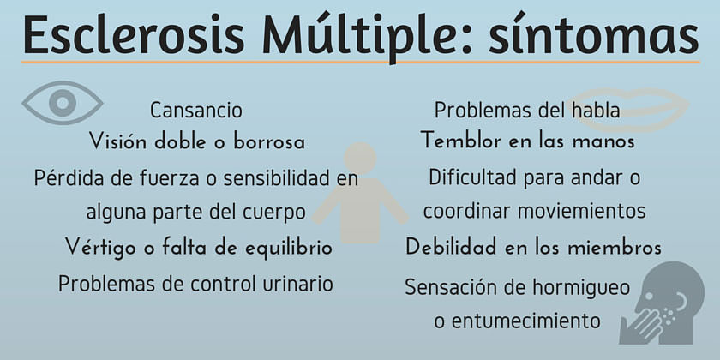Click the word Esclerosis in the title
tap(134, 35)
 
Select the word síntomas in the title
tap(593, 34)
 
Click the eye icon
tap(62, 102)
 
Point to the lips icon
tap(629, 110)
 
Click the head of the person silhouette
tap(360, 158)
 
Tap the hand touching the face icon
tap(662, 303)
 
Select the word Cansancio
tap(196, 111)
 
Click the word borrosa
tap(269, 142)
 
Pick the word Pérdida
tap(69, 177)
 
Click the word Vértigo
tap(101, 248)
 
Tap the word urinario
tap(297, 284)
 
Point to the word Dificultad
tap(473, 177)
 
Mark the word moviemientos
tap(581, 211)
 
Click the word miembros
tap(615, 248)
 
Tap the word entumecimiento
tap(525, 321)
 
